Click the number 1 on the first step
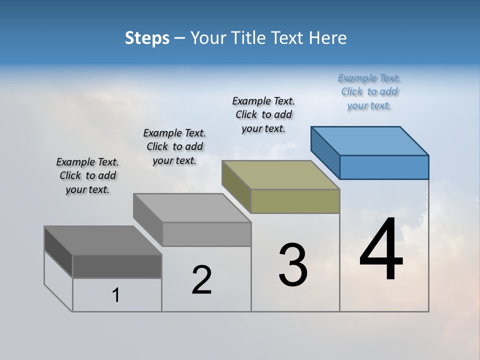pyautogui.click(x=116, y=295)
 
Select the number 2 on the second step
pyautogui.click(x=202, y=279)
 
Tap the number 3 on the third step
pyautogui.click(x=293, y=265)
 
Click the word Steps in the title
pyautogui.click(x=147, y=38)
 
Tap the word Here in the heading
pyautogui.click(x=328, y=38)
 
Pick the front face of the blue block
pyautogui.click(x=384, y=167)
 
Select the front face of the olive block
pyautogui.click(x=295, y=201)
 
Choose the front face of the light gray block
pyautogui.click(x=206, y=234)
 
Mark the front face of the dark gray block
pyautogui.click(x=117, y=266)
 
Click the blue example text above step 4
pyautogui.click(x=369, y=91)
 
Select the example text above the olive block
pyautogui.click(x=263, y=114)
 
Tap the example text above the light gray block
pyautogui.click(x=174, y=146)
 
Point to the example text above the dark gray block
pyautogui.click(x=87, y=175)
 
